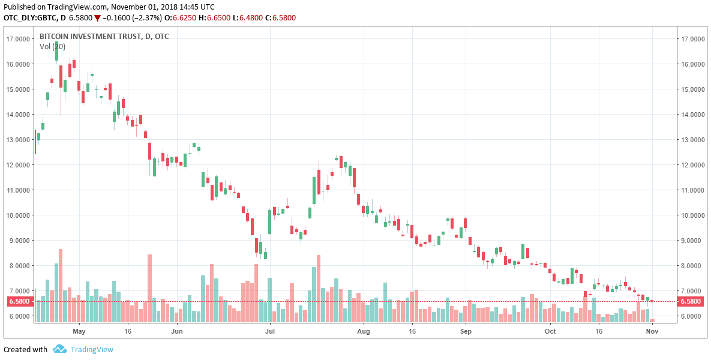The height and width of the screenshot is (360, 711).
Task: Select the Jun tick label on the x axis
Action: [177, 331]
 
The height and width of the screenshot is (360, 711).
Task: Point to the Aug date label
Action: [364, 331]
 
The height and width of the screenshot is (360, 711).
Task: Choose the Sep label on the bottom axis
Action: [466, 331]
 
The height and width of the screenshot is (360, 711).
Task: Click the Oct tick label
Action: [550, 331]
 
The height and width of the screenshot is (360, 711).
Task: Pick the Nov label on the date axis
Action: [652, 331]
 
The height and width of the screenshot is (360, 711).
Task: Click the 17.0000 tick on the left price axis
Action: [19, 39]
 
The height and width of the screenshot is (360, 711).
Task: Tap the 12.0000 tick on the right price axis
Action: [692, 165]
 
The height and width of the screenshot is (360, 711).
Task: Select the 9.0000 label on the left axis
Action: [20, 241]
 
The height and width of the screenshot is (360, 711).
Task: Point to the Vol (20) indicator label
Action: [52, 47]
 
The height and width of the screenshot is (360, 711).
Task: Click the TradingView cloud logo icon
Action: [59, 349]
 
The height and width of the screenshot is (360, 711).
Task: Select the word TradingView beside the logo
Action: [92, 350]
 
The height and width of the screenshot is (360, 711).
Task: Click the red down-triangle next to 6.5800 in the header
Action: [97, 18]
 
